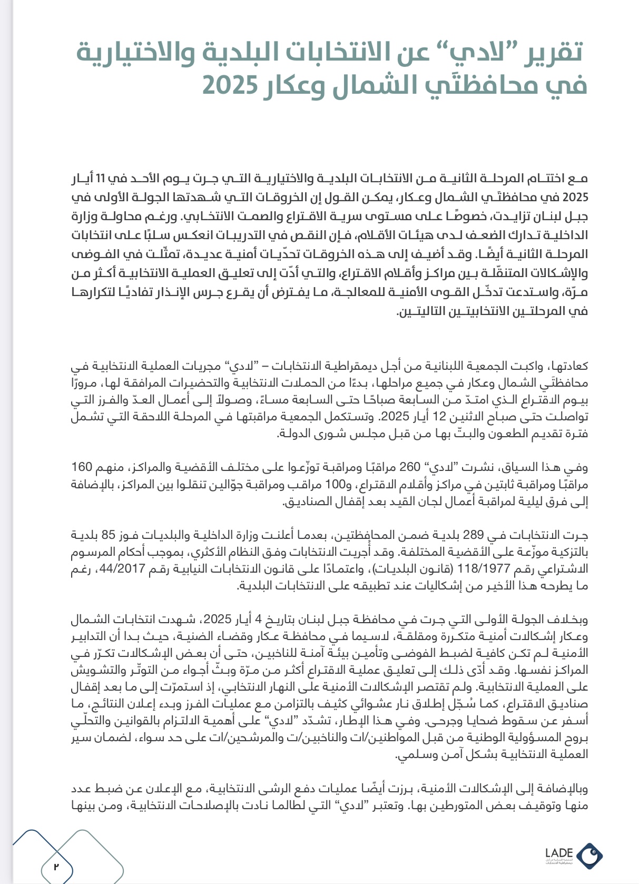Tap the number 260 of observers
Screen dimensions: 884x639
click(410, 467)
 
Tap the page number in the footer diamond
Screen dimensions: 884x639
click(56, 865)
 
